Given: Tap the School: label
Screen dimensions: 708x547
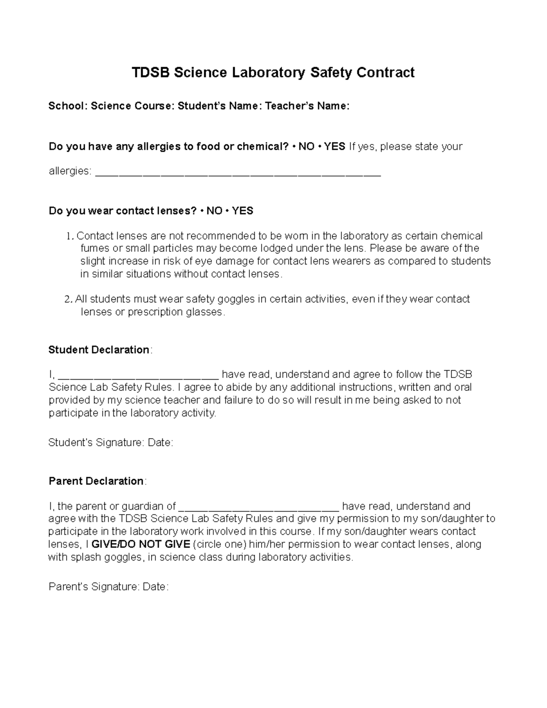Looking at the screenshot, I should (68, 106).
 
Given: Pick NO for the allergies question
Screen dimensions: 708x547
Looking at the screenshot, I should (306, 147).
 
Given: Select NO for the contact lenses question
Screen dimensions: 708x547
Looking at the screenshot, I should (214, 211).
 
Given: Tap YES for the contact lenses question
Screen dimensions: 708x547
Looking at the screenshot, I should (243, 211).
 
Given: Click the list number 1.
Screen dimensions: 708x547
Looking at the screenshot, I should (69, 236).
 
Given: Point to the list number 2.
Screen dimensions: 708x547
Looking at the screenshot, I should (68, 300).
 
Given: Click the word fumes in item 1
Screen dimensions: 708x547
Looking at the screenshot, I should (95, 248).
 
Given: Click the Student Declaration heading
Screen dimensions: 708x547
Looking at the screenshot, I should (99, 350).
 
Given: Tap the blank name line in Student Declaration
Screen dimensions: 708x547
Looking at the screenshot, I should (139, 376).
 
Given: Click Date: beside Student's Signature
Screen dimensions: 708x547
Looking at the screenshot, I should (160, 443).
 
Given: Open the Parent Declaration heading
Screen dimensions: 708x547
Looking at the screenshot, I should (96, 481).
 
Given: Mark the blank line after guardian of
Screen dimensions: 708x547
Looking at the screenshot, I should (259, 507).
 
